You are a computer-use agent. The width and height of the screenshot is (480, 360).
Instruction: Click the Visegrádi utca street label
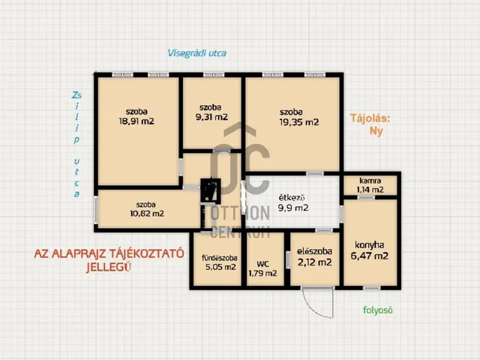197,53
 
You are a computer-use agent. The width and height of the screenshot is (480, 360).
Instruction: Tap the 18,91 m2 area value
136,121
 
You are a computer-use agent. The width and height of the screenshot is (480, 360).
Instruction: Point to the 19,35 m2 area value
299,122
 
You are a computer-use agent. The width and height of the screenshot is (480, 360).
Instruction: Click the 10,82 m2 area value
147,213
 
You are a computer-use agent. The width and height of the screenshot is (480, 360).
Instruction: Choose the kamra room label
370,181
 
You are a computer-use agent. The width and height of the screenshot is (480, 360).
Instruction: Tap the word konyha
370,245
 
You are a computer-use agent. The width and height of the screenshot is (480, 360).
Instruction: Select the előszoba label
315,251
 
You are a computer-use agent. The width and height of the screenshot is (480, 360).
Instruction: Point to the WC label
262,264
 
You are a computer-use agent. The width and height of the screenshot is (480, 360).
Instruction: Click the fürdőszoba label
220,258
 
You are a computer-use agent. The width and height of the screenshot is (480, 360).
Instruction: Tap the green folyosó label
378,310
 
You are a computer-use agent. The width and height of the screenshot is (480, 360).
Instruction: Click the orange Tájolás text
370,118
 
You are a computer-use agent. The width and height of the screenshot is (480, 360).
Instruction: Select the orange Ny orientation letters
376,131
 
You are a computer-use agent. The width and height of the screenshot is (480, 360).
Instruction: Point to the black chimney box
211,190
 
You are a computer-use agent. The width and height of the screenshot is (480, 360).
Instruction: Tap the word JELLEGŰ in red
109,268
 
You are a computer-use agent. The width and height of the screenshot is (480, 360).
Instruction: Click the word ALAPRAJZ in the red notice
79,253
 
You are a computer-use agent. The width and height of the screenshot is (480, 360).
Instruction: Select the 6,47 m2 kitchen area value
370,256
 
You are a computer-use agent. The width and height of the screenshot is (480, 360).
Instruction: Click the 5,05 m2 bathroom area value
220,267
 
